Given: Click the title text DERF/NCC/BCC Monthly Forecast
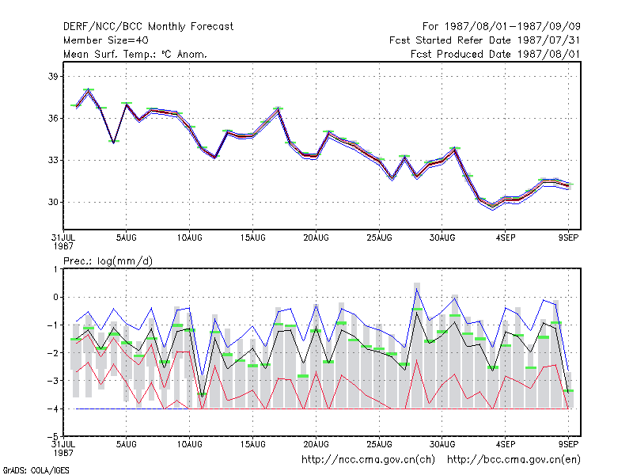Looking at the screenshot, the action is [x=148, y=27].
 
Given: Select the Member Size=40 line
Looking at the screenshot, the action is [x=106, y=40].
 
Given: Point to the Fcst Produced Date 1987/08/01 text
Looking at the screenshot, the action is [x=495, y=54].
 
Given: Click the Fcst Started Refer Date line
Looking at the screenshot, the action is [x=485, y=40].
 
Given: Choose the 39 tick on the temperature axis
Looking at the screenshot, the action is [x=53, y=76].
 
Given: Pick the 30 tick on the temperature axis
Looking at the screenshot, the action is [x=53, y=202].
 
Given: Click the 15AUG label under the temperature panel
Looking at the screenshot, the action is [x=252, y=237].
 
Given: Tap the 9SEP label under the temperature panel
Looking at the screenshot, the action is [x=568, y=237].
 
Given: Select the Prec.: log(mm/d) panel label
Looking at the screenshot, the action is [x=108, y=261].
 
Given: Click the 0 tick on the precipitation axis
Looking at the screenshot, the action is [x=55, y=298].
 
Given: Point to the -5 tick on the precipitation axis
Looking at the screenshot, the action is [x=53, y=437].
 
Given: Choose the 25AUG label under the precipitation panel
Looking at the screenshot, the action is [x=379, y=444].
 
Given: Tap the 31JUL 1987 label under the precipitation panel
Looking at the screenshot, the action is [x=63, y=448].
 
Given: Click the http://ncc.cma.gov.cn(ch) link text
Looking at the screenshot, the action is [x=368, y=460].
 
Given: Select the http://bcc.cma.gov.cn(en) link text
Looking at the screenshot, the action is [x=514, y=460].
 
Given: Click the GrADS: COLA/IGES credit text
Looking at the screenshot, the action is [x=36, y=470].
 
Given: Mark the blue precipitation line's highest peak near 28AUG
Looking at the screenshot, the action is [x=417, y=288].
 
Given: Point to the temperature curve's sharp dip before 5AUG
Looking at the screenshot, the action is [x=114, y=142].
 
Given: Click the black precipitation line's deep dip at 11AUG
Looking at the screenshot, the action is [x=203, y=396].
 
